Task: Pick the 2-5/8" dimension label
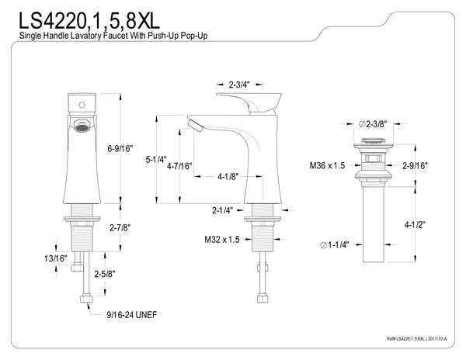[x=106, y=274]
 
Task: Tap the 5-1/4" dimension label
[x=157, y=160]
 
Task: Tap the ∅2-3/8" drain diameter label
[x=373, y=123]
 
